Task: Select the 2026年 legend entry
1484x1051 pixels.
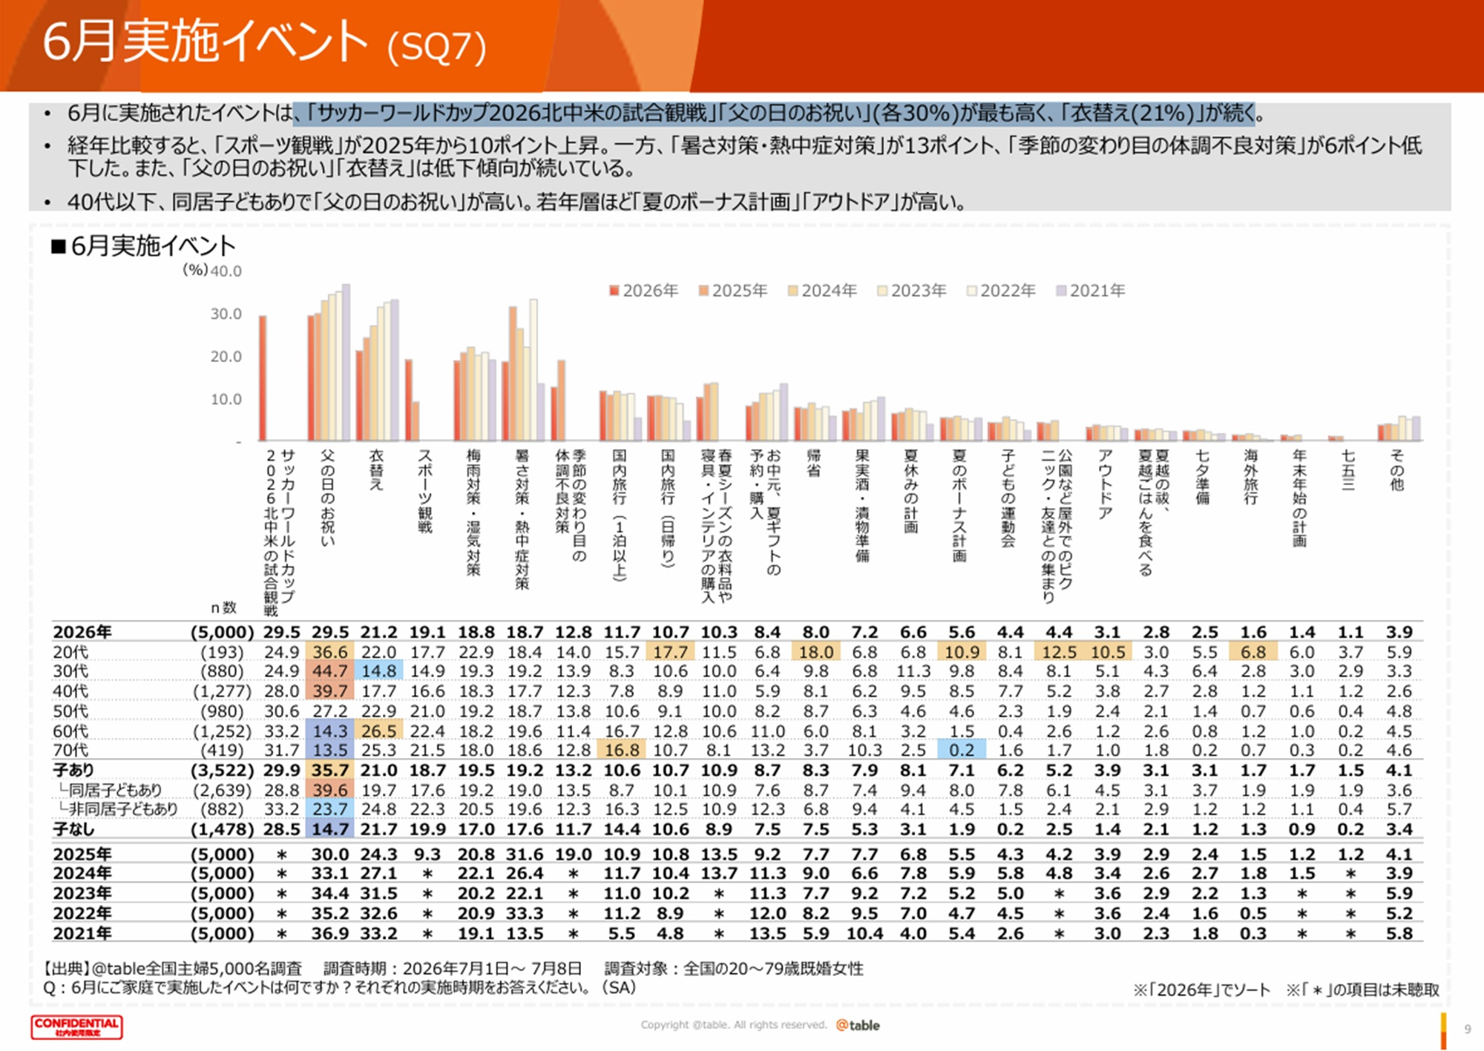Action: click(x=644, y=291)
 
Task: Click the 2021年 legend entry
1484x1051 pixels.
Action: click(x=1091, y=291)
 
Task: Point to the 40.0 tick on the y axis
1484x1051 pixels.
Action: click(x=226, y=271)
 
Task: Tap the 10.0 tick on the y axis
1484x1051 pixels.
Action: click(x=226, y=399)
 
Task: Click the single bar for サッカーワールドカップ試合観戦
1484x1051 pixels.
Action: click(x=263, y=378)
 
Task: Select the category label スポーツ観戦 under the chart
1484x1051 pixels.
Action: click(x=424, y=491)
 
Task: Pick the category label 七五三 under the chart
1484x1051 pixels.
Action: click(x=1348, y=470)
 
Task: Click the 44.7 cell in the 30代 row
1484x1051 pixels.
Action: click(x=330, y=671)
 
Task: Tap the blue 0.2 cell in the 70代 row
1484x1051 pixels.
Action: click(x=962, y=750)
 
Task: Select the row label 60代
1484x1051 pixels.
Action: click(x=70, y=731)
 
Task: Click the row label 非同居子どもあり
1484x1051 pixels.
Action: click(x=118, y=809)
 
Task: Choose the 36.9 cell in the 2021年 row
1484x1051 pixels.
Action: click(x=330, y=933)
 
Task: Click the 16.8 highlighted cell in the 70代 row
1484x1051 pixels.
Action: click(x=622, y=750)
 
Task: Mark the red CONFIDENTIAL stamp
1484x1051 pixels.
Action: click(x=76, y=1027)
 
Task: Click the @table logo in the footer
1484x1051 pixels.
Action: click(x=858, y=1025)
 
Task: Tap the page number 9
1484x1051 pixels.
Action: click(x=1467, y=1029)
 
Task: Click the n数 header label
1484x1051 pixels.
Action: click(x=223, y=607)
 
